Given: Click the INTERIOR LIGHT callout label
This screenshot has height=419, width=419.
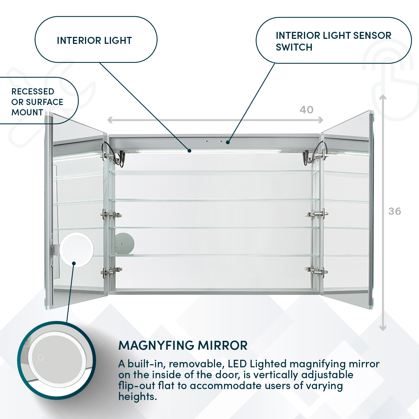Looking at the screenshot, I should coord(94,41).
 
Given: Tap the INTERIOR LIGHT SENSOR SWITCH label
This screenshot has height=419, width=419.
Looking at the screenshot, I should coord(333,41).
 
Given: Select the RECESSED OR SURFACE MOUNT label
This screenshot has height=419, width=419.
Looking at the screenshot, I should coord(37,102).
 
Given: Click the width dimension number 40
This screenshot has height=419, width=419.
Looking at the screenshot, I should coord(306,110).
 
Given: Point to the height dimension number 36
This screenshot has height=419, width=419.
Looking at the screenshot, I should coord(394,211).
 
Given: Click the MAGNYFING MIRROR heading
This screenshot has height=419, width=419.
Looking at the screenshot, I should coord(183,346).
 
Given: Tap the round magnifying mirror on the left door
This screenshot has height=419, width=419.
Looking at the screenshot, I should coord(76,249).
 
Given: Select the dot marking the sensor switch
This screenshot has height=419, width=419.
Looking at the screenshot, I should coord(228,142).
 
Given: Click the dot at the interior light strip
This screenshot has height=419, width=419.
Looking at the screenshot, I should coord(189,151).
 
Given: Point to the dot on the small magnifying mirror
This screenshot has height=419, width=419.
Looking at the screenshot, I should coord(74,263).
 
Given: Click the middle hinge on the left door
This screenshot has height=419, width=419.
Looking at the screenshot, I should coord(111,215).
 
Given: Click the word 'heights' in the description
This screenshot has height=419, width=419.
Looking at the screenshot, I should coord(137,397).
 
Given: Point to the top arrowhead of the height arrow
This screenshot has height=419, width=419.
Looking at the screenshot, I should coord(383,97).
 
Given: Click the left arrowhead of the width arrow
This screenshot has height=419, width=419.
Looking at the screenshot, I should coord(110,120).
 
